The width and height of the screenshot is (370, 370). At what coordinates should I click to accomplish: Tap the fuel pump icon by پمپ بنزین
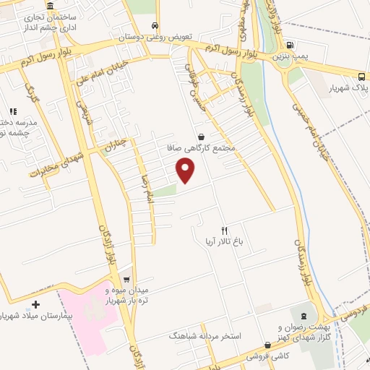point(291,44)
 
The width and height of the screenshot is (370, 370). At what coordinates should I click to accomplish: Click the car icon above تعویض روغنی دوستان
point(154,25)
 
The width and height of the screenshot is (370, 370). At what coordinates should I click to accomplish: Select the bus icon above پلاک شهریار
point(361,77)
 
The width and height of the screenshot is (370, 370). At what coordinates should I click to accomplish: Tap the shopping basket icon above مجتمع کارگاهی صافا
point(200,137)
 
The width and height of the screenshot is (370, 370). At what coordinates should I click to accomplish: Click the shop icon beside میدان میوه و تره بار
point(126,280)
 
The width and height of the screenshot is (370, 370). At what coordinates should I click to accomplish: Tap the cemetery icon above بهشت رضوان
point(304,316)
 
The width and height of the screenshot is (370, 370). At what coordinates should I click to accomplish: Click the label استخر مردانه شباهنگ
point(209,337)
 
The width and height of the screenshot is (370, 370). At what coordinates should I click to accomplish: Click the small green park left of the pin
point(165,191)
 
